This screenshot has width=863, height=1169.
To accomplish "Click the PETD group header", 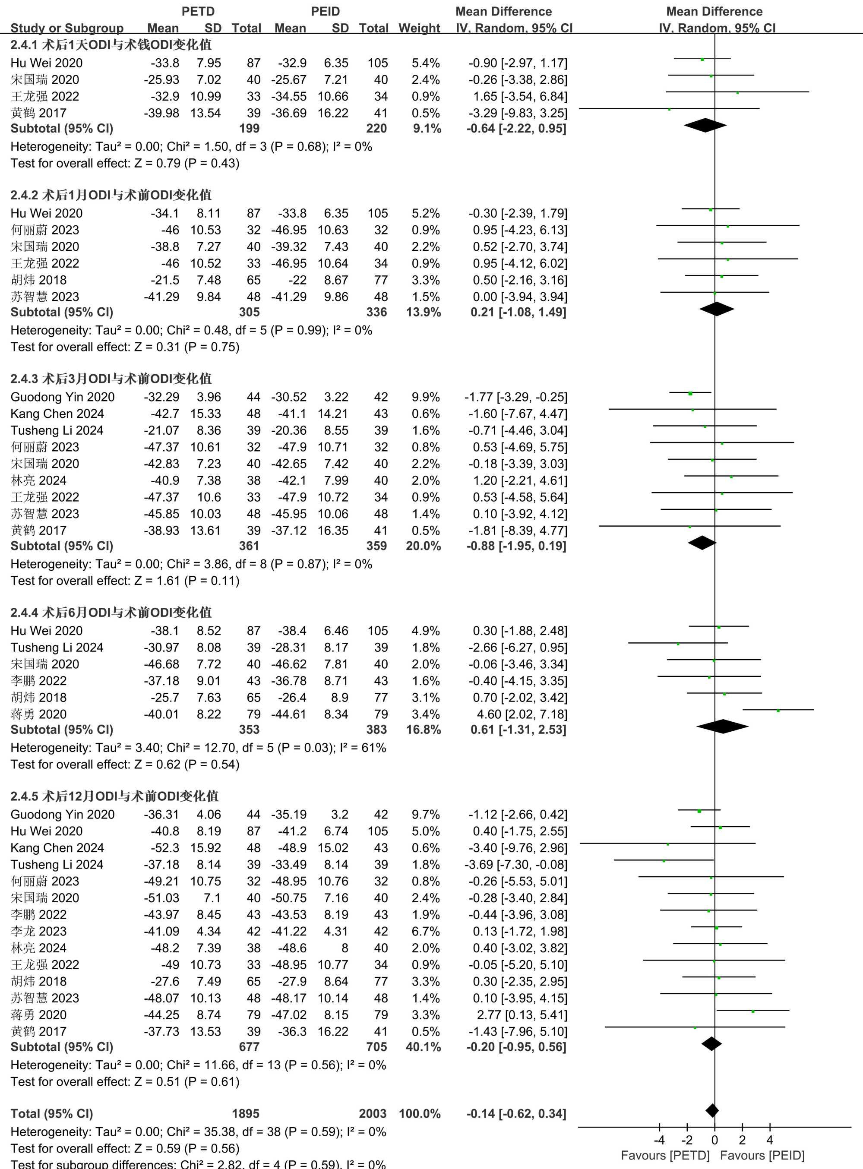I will tap(198, 12).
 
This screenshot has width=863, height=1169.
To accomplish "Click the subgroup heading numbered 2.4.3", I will tap(111, 379).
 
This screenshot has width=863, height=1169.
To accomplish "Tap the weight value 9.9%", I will tap(425, 397).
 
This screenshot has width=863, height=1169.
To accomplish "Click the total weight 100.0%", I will tap(420, 1114).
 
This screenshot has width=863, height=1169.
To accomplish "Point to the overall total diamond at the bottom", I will tap(711, 1110).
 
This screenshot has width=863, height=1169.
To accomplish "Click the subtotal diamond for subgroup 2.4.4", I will tap(722, 726).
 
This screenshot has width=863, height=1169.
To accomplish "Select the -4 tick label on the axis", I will tap(659, 1140).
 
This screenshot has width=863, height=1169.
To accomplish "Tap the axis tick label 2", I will tap(742, 1140).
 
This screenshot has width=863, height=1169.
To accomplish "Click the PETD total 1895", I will tap(246, 1114).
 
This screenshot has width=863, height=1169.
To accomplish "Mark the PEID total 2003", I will tap(373, 1114).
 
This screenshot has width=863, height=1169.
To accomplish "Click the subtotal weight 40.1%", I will tap(423, 1047).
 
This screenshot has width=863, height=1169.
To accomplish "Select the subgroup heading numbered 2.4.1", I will tap(111, 45).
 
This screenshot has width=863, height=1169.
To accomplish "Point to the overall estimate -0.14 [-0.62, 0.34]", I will tap(516, 1114).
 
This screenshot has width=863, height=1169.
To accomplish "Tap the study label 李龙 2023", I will tap(39, 931).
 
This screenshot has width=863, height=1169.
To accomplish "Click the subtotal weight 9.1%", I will tap(427, 129).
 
